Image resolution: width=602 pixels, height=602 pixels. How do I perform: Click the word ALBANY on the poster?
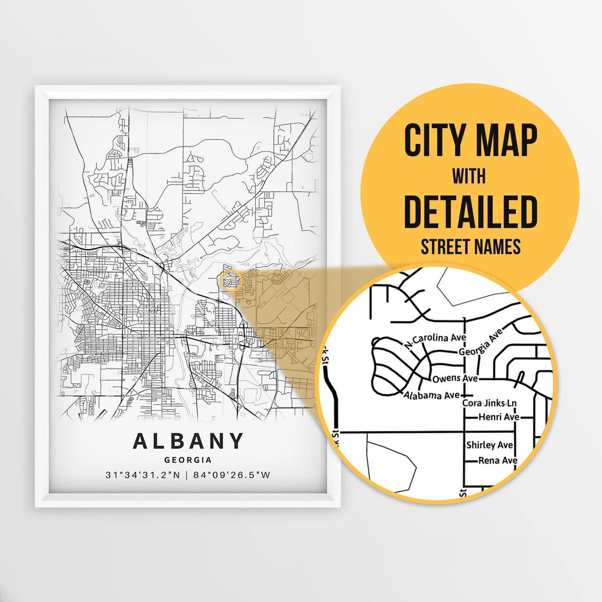point(188,441)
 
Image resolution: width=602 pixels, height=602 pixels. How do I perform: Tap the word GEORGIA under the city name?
point(188,460)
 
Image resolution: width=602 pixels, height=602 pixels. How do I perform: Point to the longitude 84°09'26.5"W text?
point(234,475)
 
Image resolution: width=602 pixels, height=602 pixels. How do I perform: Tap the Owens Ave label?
point(455,378)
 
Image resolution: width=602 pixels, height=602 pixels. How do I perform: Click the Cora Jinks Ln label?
point(489,403)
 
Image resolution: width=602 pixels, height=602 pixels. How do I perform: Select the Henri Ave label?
point(499,417)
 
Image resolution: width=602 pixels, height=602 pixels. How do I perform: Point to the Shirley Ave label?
point(489,445)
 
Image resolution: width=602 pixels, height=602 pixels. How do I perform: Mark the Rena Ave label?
point(498,460)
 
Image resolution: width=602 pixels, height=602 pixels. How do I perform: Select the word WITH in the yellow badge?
point(469,177)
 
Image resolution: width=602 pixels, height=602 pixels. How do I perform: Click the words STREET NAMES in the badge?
point(470,246)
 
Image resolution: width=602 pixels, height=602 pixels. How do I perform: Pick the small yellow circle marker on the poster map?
point(229,280)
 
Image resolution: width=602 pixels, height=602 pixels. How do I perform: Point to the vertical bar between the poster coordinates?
point(188,475)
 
